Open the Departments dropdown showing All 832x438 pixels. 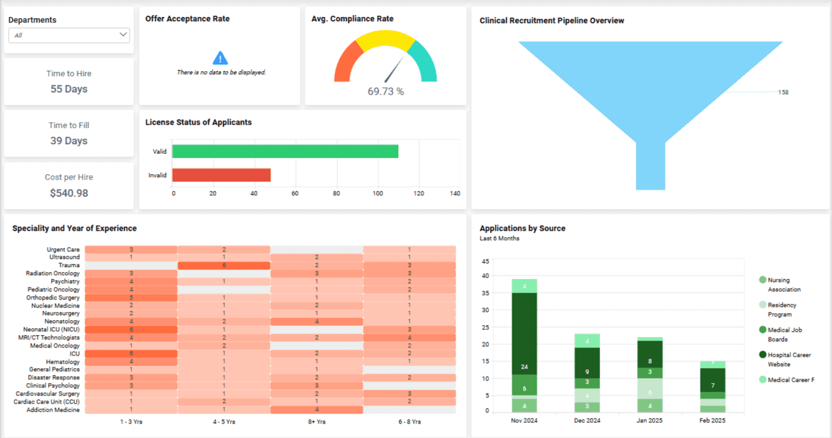69,36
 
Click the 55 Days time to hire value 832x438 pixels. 69,89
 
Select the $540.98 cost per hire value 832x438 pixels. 69,193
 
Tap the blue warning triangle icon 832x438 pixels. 220,59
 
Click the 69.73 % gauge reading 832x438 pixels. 385,92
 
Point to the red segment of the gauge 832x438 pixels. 344,64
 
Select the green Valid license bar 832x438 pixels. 285,152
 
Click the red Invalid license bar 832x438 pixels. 221,175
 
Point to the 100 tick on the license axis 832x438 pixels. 378,193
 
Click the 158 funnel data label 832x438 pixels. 783,92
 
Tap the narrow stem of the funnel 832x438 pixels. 650,165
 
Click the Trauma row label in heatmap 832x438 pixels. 69,265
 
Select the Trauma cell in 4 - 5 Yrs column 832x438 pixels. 224,265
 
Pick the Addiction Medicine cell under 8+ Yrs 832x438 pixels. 317,410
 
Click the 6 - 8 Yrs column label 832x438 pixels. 409,422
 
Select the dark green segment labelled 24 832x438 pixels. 524,333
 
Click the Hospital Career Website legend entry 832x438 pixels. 788,359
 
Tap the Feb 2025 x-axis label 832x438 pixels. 713,421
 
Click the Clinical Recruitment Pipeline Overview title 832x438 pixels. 552,21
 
